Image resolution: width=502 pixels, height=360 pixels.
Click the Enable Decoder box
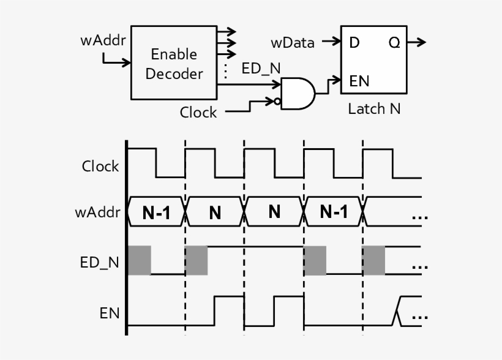[174, 63]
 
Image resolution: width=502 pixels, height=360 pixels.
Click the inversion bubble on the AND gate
[277, 102]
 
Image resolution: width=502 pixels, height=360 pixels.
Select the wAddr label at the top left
[103, 41]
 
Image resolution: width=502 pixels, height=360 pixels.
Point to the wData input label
[293, 43]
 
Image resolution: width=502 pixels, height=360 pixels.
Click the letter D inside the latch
[354, 43]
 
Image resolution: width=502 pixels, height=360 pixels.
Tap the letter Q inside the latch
[394, 43]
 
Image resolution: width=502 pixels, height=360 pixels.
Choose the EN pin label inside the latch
[359, 81]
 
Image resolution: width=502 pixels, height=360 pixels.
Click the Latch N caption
[375, 109]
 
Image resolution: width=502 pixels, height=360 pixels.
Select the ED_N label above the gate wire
[261, 68]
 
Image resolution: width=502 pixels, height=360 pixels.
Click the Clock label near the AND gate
[198, 113]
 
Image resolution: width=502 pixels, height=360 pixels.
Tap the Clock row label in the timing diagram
[100, 166]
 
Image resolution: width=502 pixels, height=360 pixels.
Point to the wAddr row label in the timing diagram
[97, 213]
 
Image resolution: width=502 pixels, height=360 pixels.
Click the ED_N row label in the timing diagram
[100, 263]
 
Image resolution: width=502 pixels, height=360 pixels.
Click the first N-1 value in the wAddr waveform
[156, 213]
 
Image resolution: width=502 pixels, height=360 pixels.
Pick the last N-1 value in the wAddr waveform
[334, 212]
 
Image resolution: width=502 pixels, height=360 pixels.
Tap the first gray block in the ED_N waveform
[140, 260]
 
